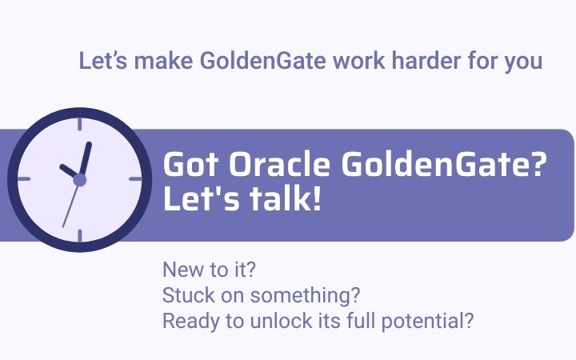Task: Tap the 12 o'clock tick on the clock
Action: point(79,124)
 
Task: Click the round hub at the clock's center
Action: point(79,180)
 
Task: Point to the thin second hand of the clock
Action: point(70,206)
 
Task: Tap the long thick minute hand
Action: point(85,158)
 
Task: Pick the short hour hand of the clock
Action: point(69,172)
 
